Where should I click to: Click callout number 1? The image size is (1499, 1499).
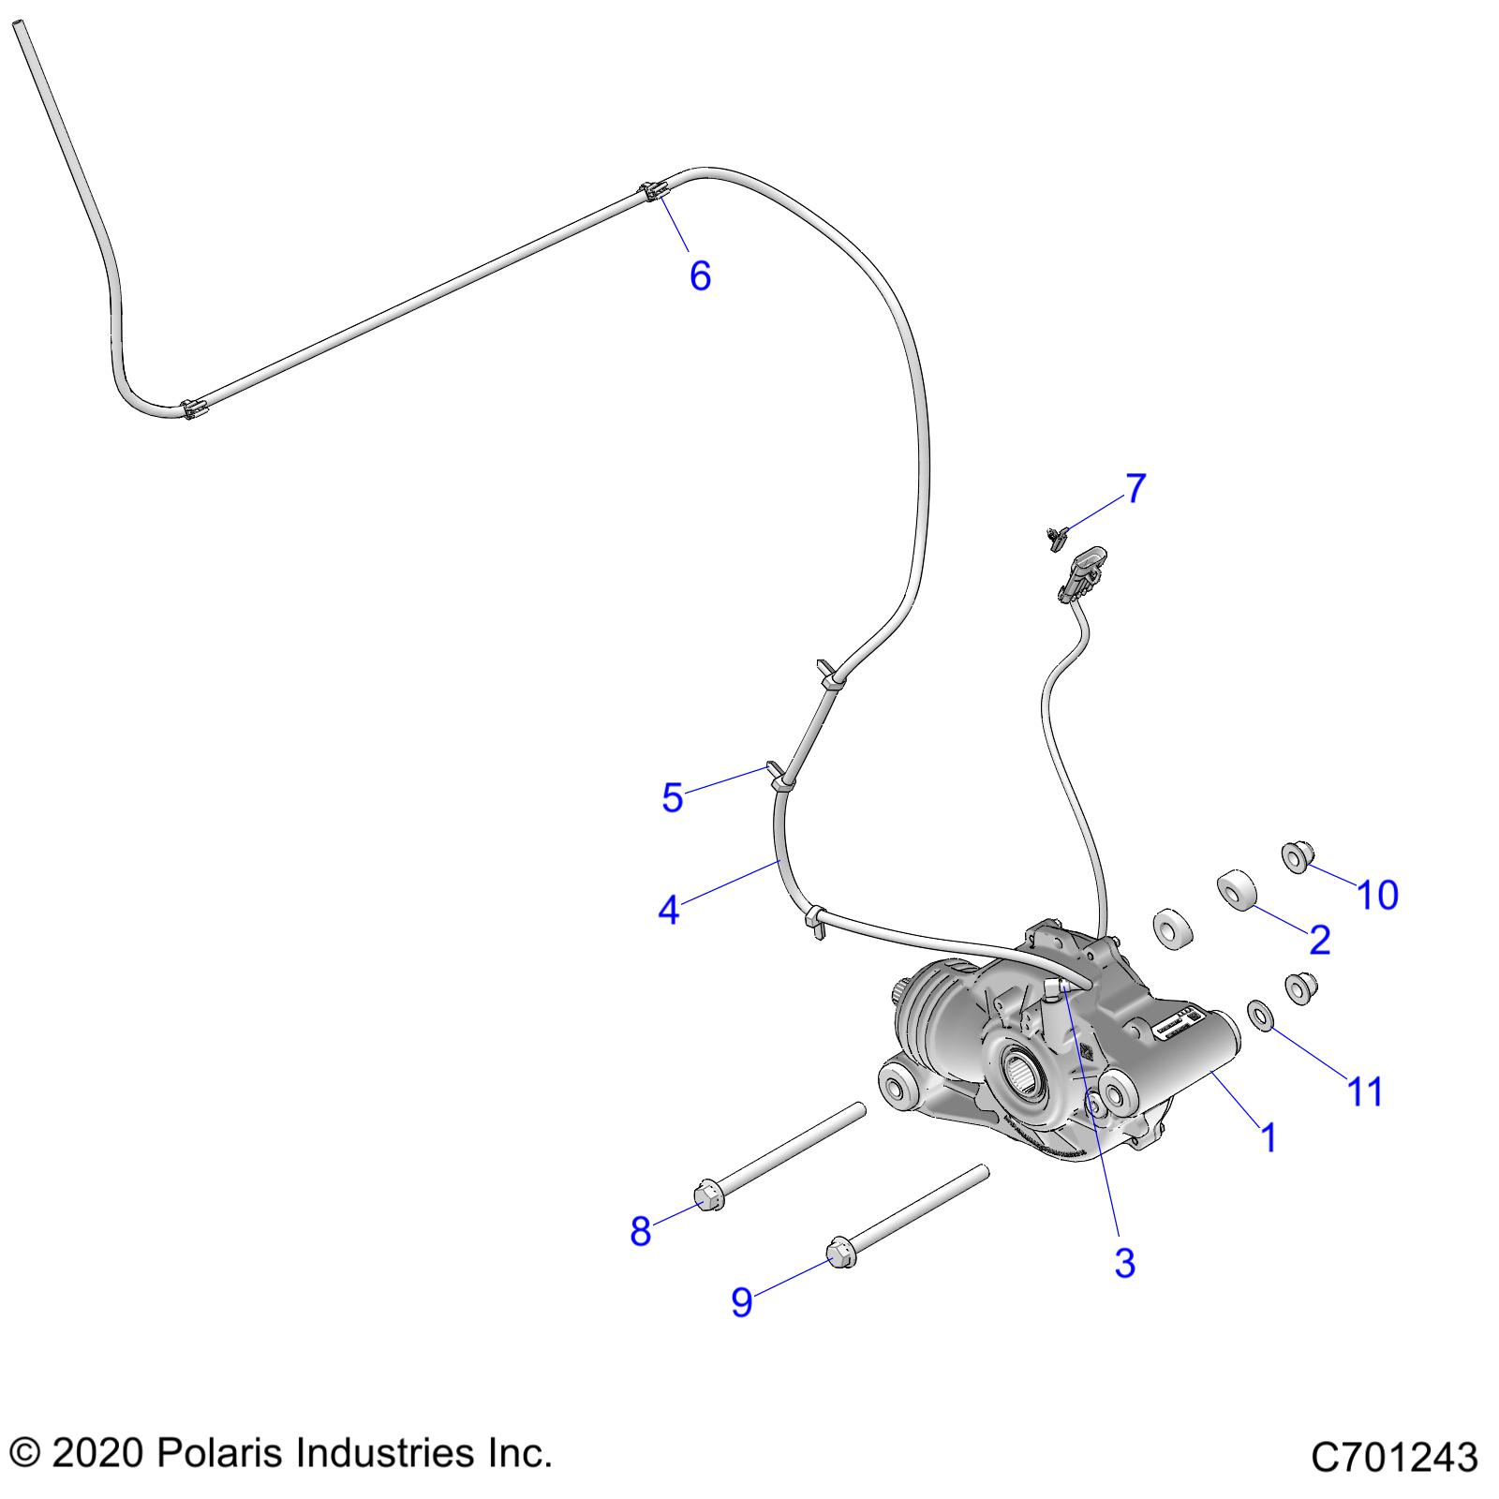[x=1269, y=1137]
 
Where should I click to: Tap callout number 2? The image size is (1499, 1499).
[x=1319, y=940]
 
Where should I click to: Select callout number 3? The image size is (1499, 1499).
[x=1124, y=1263]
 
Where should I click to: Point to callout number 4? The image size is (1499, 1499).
[x=668, y=909]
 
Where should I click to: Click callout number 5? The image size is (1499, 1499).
[x=672, y=798]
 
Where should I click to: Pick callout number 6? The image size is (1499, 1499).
[x=700, y=276]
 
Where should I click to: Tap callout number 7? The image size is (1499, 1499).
[x=1135, y=488]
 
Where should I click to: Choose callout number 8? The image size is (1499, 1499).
[x=640, y=1231]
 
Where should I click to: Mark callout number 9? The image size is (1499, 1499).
[x=741, y=1301]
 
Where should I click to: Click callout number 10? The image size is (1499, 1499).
[x=1377, y=896]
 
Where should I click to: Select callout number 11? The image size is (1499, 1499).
[x=1364, y=1091]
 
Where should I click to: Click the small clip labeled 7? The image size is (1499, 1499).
[x=1057, y=535]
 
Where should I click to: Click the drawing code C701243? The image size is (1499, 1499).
[x=1394, y=1459]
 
